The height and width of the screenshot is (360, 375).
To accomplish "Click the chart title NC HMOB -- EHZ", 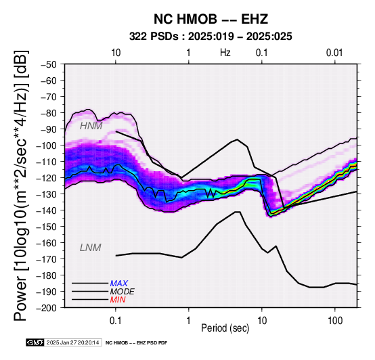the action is (x=211, y=19).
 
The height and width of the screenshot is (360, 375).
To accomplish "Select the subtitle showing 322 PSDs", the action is (x=211, y=37).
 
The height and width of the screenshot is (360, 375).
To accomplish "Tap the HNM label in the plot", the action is (x=91, y=126).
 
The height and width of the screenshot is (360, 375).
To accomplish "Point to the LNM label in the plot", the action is (x=91, y=248).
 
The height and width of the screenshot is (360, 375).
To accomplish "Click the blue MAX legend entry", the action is (x=119, y=284).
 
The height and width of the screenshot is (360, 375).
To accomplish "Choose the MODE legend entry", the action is (x=123, y=292).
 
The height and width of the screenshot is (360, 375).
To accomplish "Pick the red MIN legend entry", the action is (x=118, y=300).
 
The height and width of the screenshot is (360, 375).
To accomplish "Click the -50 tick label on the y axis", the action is (x=49, y=64).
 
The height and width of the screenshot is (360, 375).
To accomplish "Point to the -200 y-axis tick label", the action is (x=47, y=308).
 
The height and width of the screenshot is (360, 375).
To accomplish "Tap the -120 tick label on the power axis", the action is (x=47, y=178).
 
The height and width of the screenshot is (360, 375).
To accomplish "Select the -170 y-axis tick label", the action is (x=47, y=259).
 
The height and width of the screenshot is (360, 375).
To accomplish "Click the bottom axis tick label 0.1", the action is (x=116, y=321).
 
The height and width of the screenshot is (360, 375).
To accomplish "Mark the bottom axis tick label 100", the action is (x=335, y=321).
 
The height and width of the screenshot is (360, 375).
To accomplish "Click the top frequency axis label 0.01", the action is (x=334, y=53).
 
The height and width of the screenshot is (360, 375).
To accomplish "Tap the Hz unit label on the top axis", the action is (x=225, y=53).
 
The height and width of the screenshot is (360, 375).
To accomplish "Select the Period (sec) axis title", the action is (x=225, y=328).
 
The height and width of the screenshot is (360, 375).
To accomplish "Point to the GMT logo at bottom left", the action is (x=35, y=342).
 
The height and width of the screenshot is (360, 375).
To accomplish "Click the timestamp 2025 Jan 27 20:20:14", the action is (x=72, y=342).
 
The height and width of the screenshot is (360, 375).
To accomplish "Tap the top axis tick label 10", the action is (x=116, y=53).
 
